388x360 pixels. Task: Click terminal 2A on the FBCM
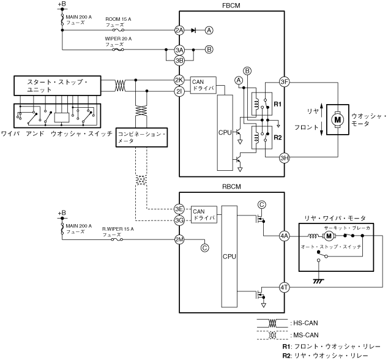(179, 31)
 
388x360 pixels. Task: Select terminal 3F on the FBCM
(285, 81)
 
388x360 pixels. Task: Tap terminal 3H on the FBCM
(285, 158)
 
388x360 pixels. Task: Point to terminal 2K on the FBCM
(179, 80)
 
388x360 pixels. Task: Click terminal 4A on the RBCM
(285, 236)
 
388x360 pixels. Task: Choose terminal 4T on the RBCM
(285, 288)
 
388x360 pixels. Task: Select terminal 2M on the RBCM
(179, 239)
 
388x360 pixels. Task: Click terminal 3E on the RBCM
(179, 209)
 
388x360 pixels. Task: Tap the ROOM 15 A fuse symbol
(118, 30)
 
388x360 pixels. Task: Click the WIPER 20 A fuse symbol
(118, 50)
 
